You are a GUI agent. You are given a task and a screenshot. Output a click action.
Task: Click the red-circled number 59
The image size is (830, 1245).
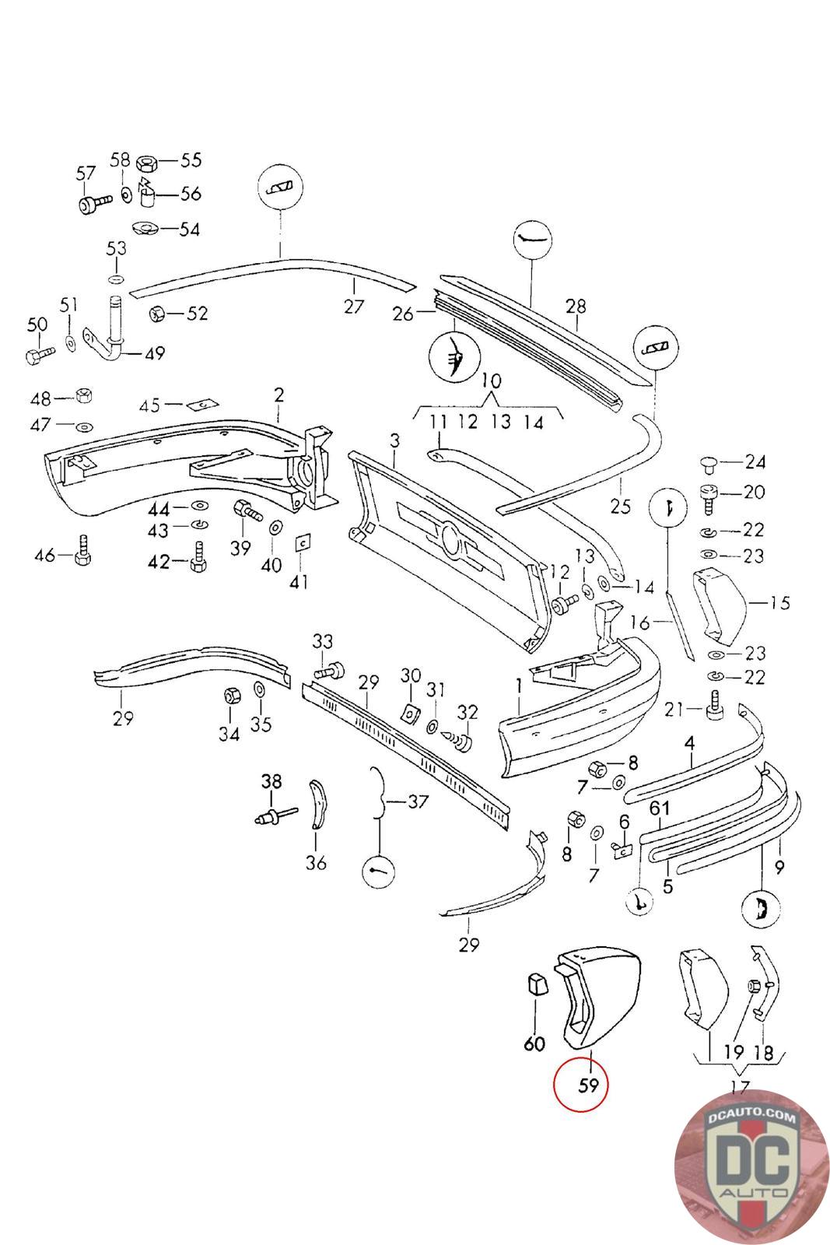588,1085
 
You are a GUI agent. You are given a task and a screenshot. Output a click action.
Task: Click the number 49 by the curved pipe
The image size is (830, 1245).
155,353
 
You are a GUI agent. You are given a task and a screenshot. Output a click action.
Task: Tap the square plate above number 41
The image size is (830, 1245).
303,542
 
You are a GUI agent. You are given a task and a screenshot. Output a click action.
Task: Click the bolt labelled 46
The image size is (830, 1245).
82,551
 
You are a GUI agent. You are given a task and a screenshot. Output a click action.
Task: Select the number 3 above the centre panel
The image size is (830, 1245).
394,441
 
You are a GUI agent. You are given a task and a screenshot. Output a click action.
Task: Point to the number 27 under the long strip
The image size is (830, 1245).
353,307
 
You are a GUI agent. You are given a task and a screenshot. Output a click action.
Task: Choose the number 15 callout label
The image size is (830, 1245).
779,602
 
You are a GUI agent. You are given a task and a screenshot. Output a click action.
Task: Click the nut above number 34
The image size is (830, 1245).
230,696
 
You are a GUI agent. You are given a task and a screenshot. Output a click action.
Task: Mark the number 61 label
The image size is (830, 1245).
660,808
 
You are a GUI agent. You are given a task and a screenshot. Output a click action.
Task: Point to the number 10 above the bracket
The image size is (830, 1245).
491,381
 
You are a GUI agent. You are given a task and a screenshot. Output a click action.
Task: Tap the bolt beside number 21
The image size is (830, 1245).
714,706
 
